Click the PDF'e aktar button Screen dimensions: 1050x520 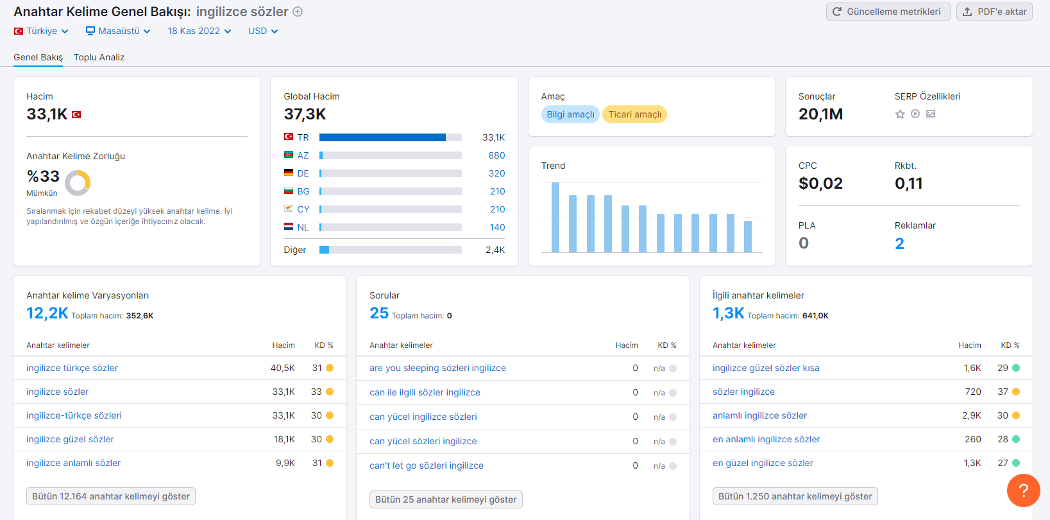994,12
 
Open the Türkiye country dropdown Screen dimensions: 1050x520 41,31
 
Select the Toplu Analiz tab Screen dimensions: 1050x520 99,57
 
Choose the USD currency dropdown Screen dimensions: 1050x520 263,31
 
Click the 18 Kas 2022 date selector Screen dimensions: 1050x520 199,31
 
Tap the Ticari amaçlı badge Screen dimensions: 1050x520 635,114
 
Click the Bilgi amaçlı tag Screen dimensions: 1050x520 570,114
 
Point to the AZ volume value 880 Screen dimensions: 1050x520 496,155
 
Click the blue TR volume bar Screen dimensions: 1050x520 382,137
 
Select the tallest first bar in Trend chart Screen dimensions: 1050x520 555,217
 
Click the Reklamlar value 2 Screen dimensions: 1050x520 899,243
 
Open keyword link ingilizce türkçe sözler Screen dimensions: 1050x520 72,368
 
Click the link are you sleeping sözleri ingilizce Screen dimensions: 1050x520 438,368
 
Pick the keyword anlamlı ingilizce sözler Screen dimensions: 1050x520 760,415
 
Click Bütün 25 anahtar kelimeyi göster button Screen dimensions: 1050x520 446,499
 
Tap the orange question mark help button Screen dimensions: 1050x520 1023,490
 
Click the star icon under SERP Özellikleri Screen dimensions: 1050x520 900,114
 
